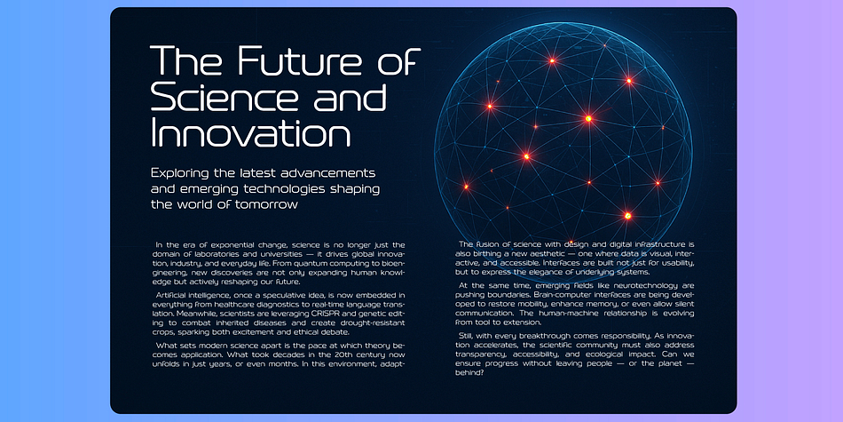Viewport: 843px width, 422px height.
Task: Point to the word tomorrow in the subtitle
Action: click(x=266, y=204)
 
